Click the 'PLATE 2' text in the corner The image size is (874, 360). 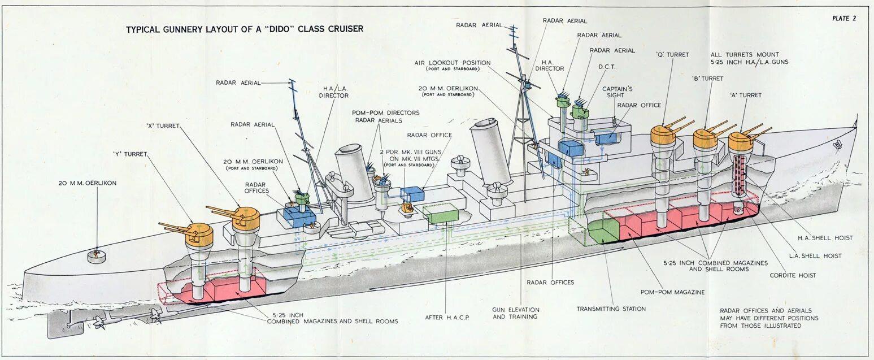pyautogui.click(x=844, y=18)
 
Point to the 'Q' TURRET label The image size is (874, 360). pyautogui.click(x=672, y=55)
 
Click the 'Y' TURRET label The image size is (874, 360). pyautogui.click(x=130, y=154)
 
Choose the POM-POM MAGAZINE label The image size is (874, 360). pyautogui.click(x=672, y=292)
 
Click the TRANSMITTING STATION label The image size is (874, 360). pyautogui.click(x=611, y=309)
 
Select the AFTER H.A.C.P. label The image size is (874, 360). pyautogui.click(x=447, y=317)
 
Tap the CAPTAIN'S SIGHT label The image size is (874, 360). pyautogui.click(x=617, y=93)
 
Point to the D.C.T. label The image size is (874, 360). pyautogui.click(x=607, y=67)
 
